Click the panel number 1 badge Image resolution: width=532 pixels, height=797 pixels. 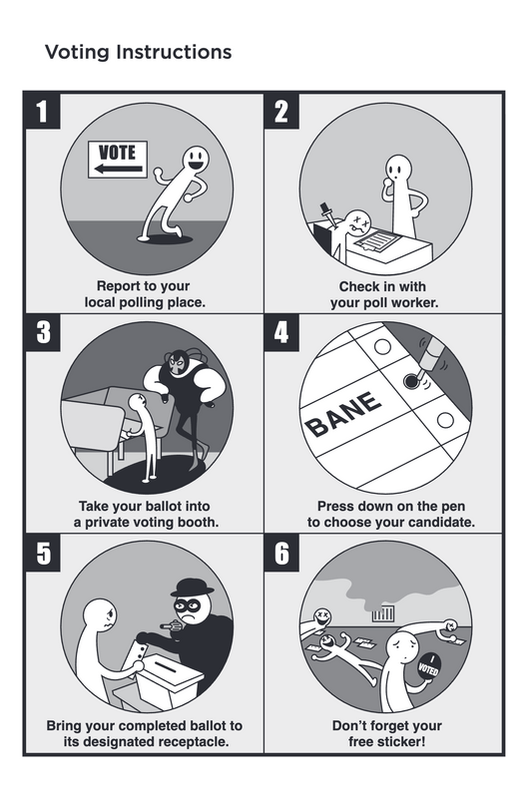point(42,111)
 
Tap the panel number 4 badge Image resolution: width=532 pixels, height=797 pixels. point(281,332)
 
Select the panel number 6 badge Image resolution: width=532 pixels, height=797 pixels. point(281,553)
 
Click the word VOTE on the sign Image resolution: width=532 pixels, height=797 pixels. point(117,153)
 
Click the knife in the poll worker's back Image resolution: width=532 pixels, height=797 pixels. point(327,213)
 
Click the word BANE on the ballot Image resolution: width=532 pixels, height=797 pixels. point(343,414)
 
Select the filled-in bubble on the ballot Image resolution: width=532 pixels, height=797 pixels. point(410,381)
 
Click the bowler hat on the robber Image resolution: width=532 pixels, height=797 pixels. point(193,587)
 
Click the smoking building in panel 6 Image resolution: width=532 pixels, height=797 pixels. point(382,614)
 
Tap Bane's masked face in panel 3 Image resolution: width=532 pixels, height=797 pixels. point(177,363)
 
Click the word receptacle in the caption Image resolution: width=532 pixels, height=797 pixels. point(194,741)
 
